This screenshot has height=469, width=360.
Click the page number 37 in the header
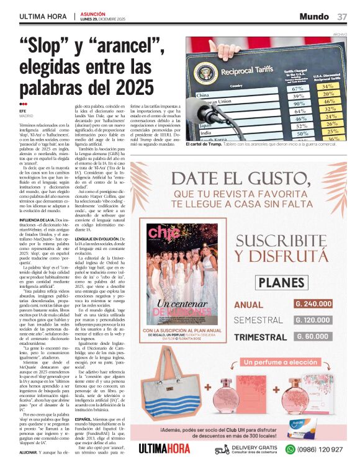[x=343, y=17]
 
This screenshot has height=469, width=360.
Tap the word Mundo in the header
[x=315, y=17]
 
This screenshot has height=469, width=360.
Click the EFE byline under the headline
[x=24, y=110]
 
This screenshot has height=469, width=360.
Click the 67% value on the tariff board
[x=298, y=89]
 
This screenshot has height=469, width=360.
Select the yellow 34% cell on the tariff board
[x=328, y=86]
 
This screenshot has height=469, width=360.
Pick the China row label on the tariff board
[x=203, y=96]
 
